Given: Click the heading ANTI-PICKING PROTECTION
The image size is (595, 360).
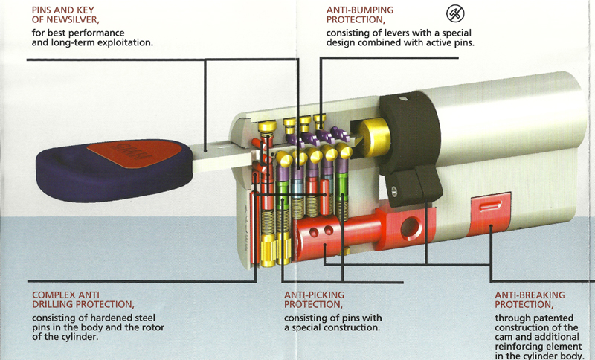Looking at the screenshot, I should tap(314, 300).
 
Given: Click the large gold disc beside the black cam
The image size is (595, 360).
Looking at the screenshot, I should tap(368, 138).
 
